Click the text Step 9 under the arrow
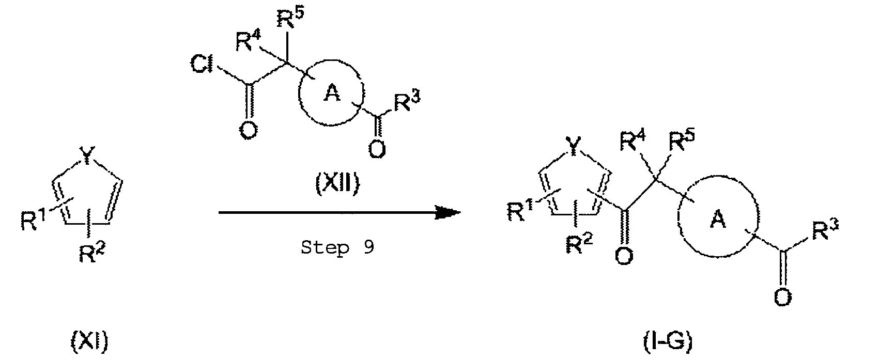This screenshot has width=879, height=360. [337, 247]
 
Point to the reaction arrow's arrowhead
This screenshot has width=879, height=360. [449, 213]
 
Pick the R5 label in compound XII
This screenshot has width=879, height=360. [291, 19]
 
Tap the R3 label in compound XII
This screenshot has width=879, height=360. [407, 103]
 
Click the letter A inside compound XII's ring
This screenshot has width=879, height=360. [332, 93]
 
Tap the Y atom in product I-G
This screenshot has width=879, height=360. [573, 145]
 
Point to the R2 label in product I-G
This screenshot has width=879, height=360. [579, 244]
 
